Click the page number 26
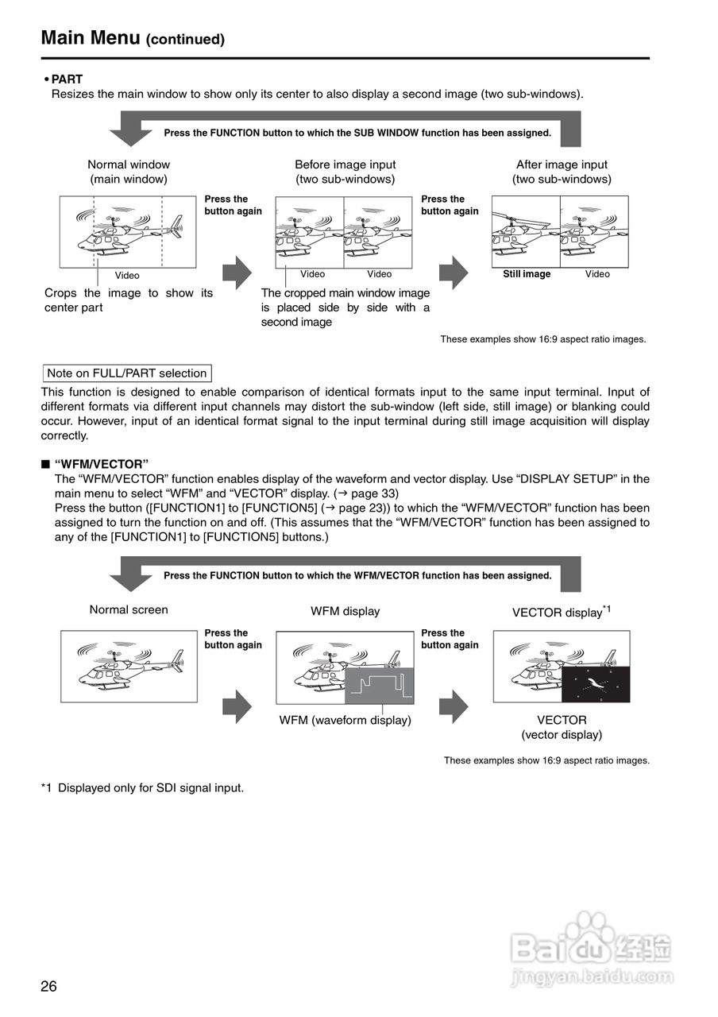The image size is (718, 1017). point(49,987)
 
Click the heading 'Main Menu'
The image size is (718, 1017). point(91,37)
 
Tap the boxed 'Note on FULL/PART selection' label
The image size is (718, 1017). point(127,373)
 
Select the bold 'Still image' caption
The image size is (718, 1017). point(527,274)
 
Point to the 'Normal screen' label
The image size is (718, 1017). point(129,610)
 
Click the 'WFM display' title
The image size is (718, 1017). point(345,611)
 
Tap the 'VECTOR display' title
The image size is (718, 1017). point(557,613)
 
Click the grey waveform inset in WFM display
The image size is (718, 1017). point(379,685)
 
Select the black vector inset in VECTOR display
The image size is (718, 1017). point(595,684)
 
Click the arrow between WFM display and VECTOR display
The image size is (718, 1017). point(454,706)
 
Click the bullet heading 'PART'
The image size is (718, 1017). point(67,79)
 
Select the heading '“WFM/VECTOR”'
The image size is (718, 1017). point(102,464)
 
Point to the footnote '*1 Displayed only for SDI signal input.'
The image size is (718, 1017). point(142,788)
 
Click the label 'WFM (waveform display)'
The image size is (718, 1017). point(345,720)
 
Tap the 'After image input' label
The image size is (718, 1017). point(562,164)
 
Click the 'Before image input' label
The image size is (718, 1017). point(345,164)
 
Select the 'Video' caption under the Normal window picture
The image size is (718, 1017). point(127,276)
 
